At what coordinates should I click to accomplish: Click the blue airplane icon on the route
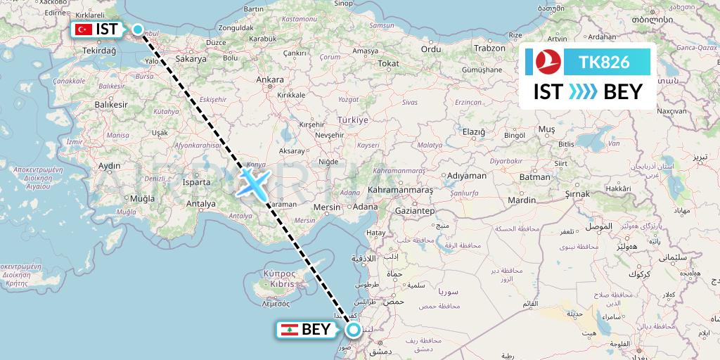(252, 182)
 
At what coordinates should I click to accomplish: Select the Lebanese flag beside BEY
(288, 329)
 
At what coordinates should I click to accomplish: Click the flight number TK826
(604, 63)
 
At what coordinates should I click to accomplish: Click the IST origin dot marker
(138, 30)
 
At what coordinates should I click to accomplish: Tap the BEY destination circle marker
(353, 329)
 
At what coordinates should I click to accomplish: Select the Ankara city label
(269, 81)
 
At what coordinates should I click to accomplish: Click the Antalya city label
(201, 204)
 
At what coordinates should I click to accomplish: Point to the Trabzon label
(490, 49)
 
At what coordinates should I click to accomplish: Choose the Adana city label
(366, 207)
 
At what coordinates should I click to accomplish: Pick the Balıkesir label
(112, 104)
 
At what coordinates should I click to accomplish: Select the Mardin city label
(522, 200)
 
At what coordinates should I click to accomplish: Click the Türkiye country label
(352, 120)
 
